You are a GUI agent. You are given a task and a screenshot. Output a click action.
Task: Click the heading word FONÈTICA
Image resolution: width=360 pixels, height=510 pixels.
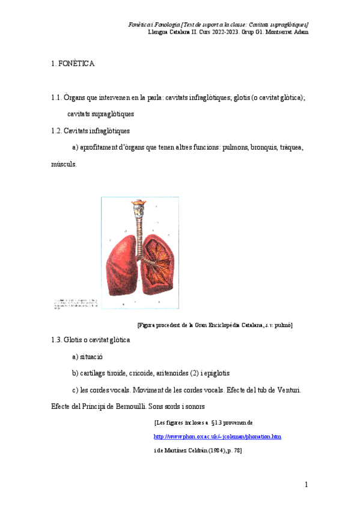(x=77, y=64)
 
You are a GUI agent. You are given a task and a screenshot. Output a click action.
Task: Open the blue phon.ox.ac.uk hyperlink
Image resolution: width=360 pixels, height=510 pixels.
(x=218, y=437)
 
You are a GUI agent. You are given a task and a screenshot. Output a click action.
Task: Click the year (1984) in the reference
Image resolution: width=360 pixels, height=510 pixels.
(x=215, y=450)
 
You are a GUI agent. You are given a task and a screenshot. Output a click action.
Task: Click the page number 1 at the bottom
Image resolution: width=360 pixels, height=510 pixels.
(x=306, y=485)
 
